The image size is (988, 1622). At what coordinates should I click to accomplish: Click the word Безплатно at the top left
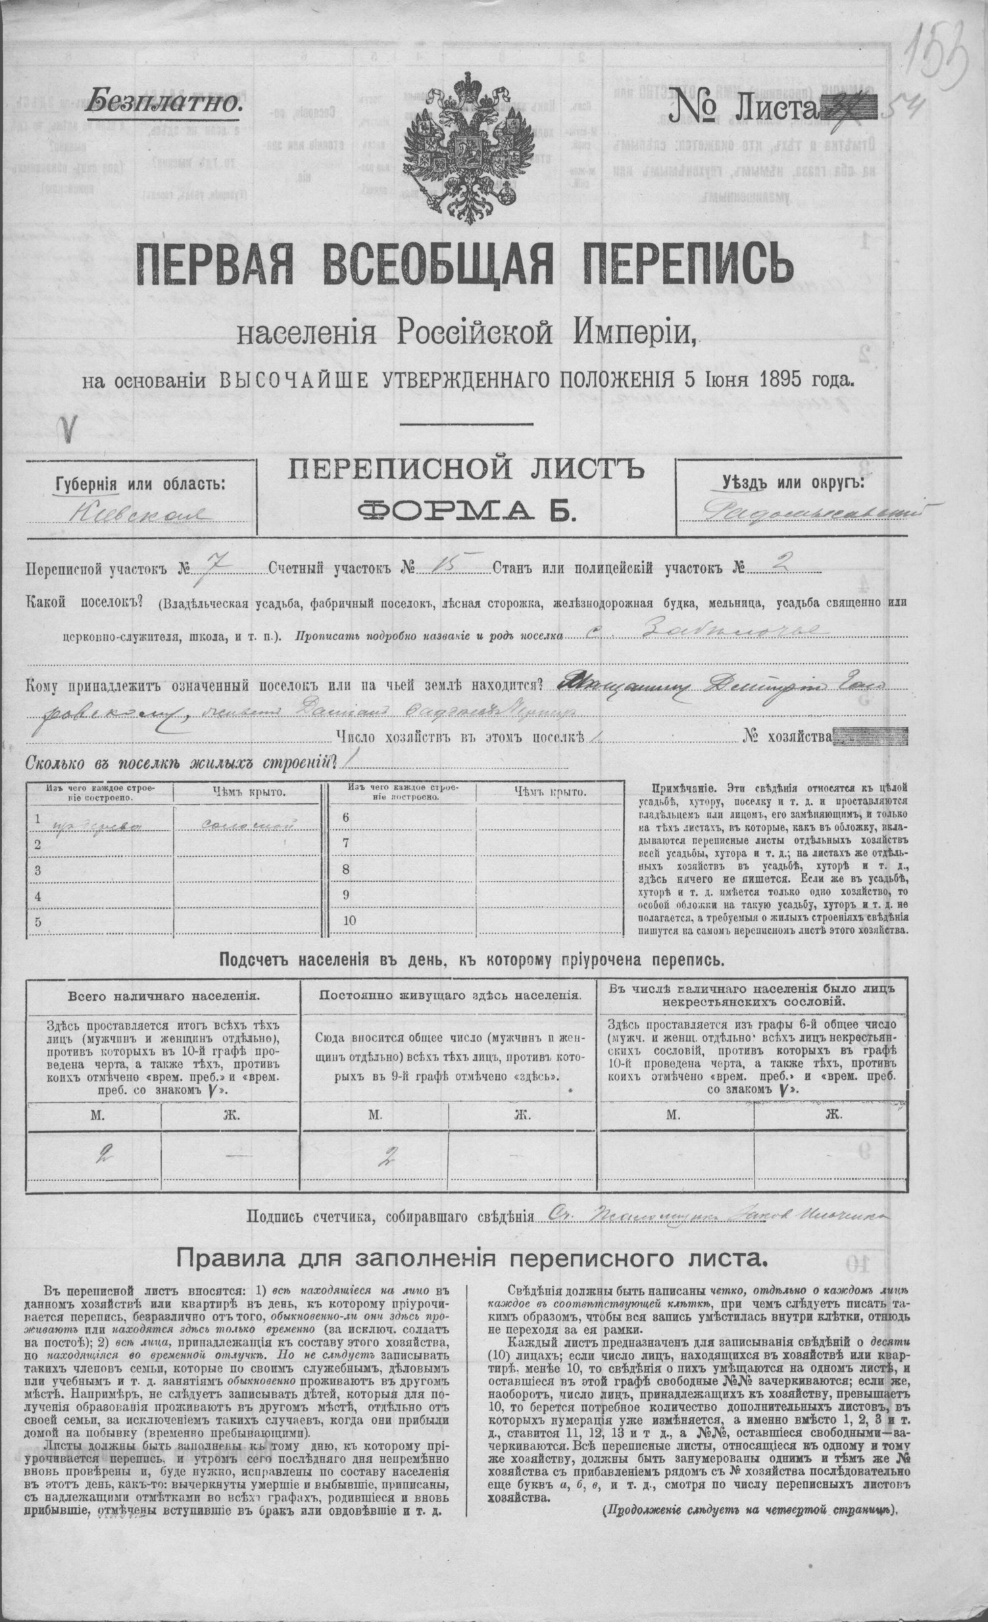164,101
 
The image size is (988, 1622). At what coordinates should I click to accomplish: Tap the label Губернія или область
140,484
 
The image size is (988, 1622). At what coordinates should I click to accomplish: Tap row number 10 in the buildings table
349,921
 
